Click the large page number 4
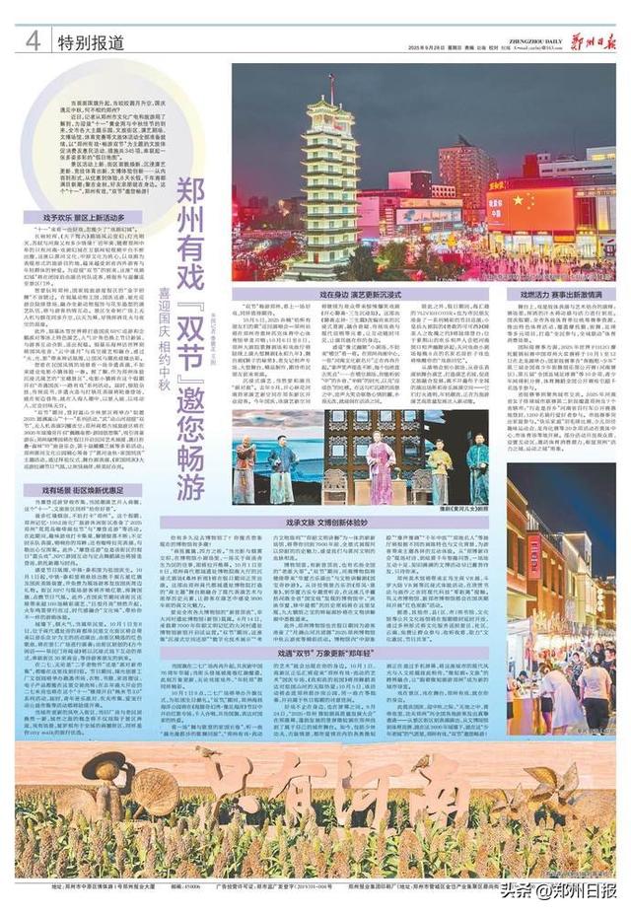click(x=33, y=40)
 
